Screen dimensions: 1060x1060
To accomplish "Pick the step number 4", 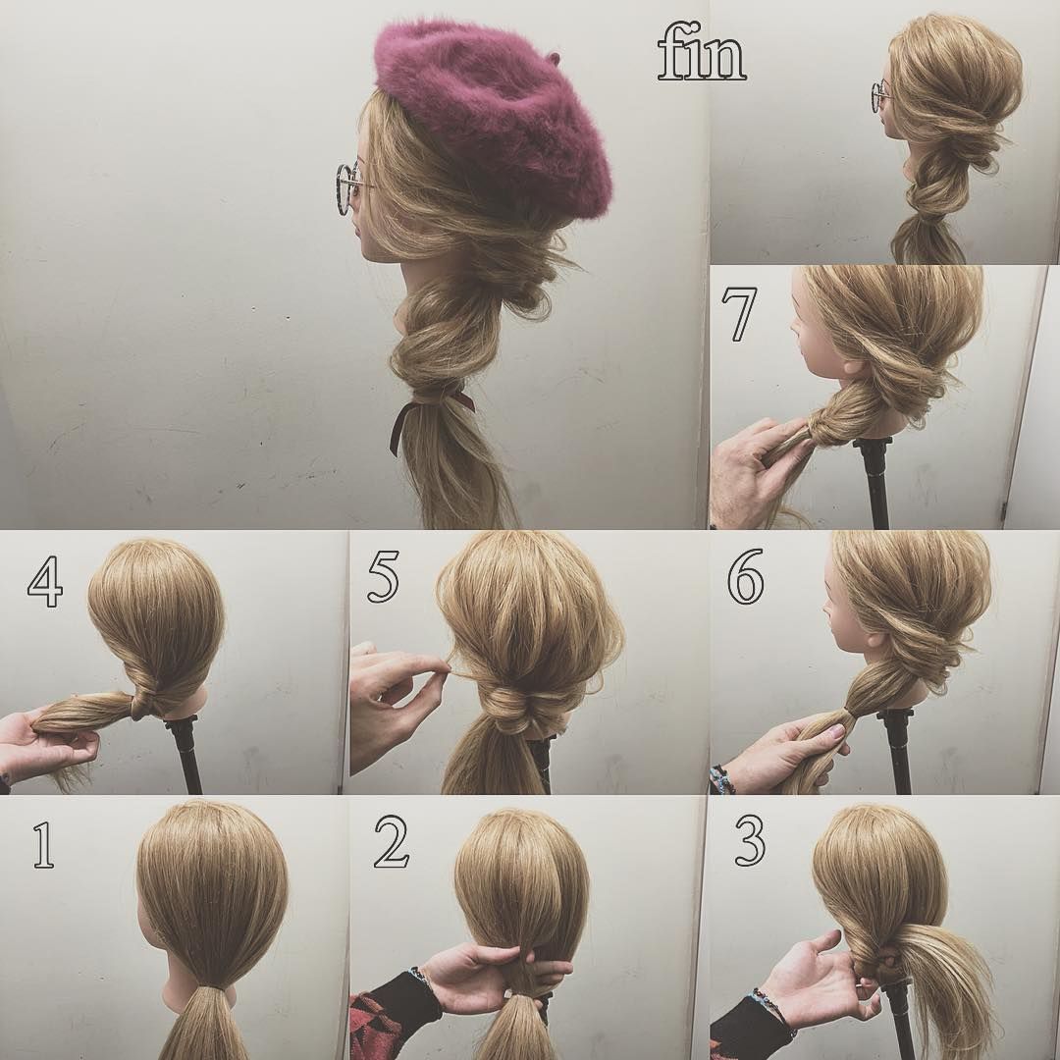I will [x=45, y=582].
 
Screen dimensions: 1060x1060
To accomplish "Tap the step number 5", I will [x=384, y=579].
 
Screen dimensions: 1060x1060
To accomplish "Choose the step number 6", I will [x=745, y=581].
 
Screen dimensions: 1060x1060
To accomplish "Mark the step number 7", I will [x=738, y=315].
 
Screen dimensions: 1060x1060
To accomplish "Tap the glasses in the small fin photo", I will [x=879, y=96].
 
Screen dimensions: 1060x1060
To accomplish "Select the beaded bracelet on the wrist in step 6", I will [x=722, y=780].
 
